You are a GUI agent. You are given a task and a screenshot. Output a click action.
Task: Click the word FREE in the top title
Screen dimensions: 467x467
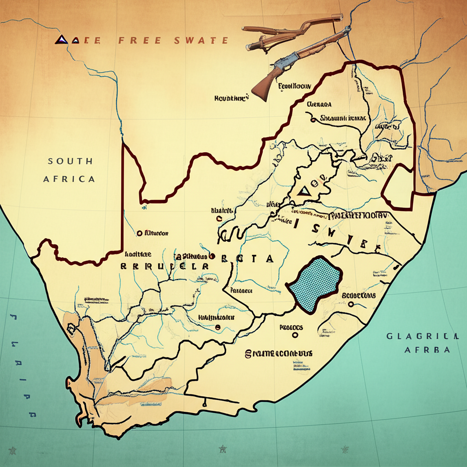click(140, 41)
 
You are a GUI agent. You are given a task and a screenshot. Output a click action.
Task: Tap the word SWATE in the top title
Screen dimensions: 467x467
click(201, 41)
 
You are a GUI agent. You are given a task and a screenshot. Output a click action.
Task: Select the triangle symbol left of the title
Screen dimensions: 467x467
click(61, 40)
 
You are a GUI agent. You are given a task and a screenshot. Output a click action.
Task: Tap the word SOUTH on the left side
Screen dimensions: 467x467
click(70, 161)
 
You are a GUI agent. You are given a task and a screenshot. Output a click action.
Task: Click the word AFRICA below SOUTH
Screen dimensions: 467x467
click(69, 179)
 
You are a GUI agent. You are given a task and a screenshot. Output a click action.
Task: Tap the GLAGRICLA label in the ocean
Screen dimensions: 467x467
click(423, 336)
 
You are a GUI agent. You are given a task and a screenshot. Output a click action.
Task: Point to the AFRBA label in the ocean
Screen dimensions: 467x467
click(427, 350)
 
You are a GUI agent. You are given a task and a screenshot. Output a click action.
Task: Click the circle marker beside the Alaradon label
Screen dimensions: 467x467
click(139, 233)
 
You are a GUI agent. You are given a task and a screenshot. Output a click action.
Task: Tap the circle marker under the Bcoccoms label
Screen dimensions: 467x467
click(350, 305)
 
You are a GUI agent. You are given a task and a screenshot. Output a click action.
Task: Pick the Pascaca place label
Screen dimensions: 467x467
click(242, 290)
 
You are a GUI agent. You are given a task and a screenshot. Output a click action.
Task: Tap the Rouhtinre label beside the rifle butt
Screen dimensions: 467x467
click(231, 98)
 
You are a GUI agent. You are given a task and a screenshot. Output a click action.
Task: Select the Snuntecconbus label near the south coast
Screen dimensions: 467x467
click(279, 353)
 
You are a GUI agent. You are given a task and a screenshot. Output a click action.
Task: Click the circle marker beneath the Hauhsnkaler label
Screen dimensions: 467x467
click(218, 327)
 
